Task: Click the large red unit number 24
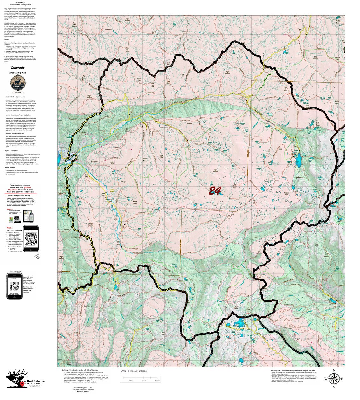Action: pos(215,190)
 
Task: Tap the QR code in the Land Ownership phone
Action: pos(14,286)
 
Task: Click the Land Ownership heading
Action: pos(15,272)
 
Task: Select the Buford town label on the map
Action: pos(74,153)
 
